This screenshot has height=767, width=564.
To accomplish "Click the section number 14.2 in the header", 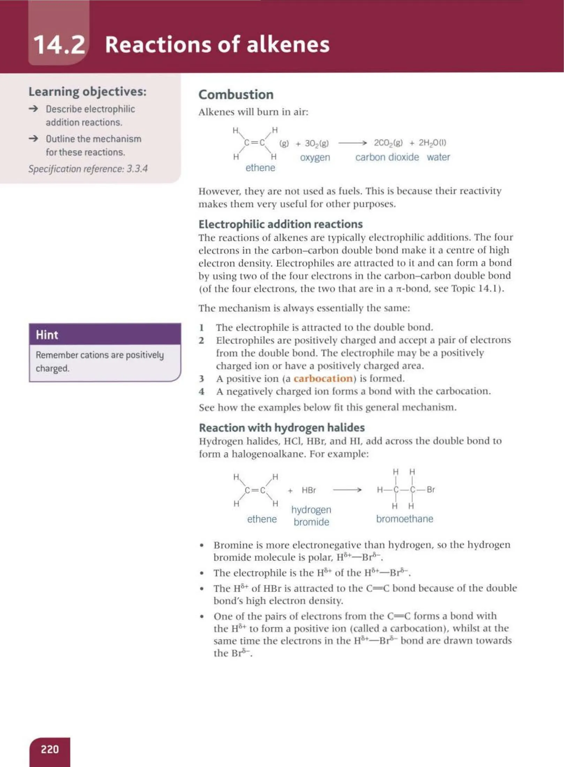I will click(x=59, y=45).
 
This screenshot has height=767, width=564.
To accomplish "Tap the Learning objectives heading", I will click(x=87, y=92).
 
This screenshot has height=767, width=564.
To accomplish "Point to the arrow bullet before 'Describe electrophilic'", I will click(x=33, y=109).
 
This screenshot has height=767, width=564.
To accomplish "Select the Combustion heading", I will click(x=236, y=94).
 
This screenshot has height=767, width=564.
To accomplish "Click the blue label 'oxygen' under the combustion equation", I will click(x=315, y=157).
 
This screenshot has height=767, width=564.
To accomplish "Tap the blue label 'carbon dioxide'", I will click(x=387, y=157).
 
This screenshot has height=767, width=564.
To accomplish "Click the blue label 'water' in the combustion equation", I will click(x=438, y=157).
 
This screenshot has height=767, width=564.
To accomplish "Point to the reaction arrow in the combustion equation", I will click(x=352, y=143).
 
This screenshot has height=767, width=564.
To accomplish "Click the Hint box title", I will click(x=47, y=335).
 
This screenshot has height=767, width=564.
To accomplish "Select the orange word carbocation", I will click(x=323, y=378).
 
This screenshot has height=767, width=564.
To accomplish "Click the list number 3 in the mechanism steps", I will click(x=202, y=379).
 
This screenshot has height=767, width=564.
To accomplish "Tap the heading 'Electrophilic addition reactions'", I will click(x=280, y=224).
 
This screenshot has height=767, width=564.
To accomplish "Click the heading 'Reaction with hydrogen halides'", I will click(x=281, y=427).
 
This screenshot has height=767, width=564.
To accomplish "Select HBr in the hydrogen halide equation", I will click(x=309, y=490).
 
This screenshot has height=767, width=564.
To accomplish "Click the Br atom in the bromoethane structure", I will click(x=430, y=489).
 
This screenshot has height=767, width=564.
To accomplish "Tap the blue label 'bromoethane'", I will click(x=404, y=519).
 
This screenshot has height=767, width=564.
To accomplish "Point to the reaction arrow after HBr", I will click(x=347, y=490).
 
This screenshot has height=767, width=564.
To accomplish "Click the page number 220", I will click(x=50, y=749).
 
